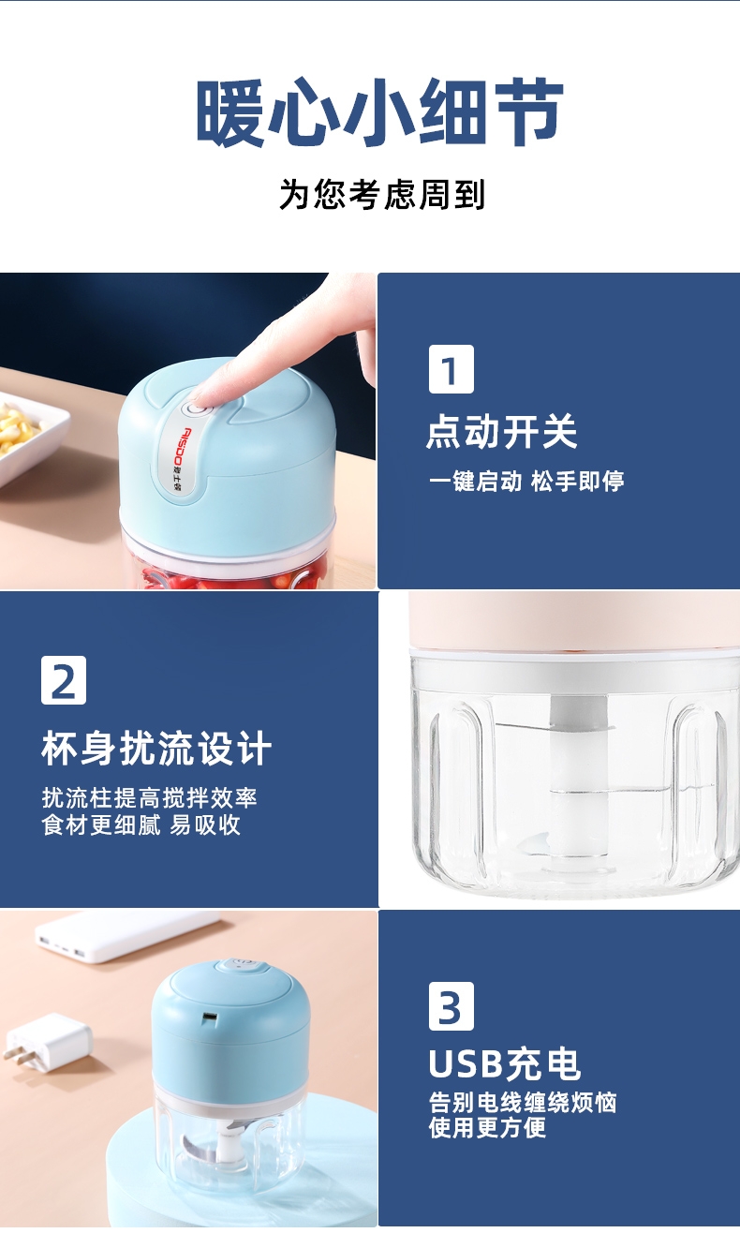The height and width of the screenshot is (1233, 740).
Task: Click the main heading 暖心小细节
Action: (379, 111)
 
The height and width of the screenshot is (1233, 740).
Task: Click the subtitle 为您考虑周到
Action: (382, 194)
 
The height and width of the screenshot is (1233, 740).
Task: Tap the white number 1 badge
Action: (451, 369)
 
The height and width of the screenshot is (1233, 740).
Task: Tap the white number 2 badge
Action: (64, 680)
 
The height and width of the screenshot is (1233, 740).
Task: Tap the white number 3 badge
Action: (451, 1005)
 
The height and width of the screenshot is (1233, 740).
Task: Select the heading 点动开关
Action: (502, 432)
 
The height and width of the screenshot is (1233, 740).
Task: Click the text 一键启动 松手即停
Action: (526, 481)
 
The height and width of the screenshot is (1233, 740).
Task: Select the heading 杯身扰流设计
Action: (156, 748)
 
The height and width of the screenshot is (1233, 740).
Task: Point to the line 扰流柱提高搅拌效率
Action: (150, 797)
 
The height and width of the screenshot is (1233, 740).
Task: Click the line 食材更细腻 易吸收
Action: (141, 825)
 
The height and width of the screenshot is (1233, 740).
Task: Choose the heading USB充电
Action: (505, 1064)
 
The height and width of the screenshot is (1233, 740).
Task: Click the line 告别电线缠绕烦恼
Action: (523, 1103)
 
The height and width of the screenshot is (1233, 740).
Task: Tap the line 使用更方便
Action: (487, 1127)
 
